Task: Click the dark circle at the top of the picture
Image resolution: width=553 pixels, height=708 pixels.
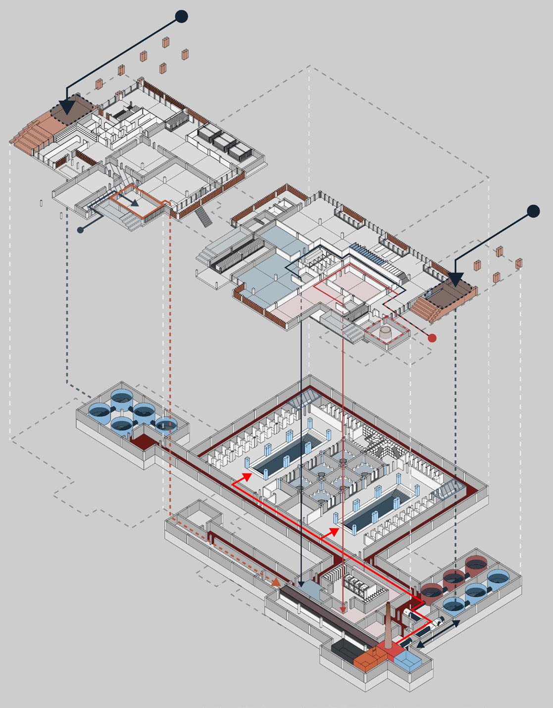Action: click(x=182, y=16)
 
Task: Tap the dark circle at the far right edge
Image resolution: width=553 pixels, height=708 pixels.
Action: click(x=533, y=211)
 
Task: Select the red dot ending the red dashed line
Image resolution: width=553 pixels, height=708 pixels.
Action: click(x=432, y=338)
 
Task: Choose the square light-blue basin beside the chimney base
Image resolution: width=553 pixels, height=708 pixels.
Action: click(x=408, y=660)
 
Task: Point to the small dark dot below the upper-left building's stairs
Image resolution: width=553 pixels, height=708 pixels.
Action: click(x=81, y=230)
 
